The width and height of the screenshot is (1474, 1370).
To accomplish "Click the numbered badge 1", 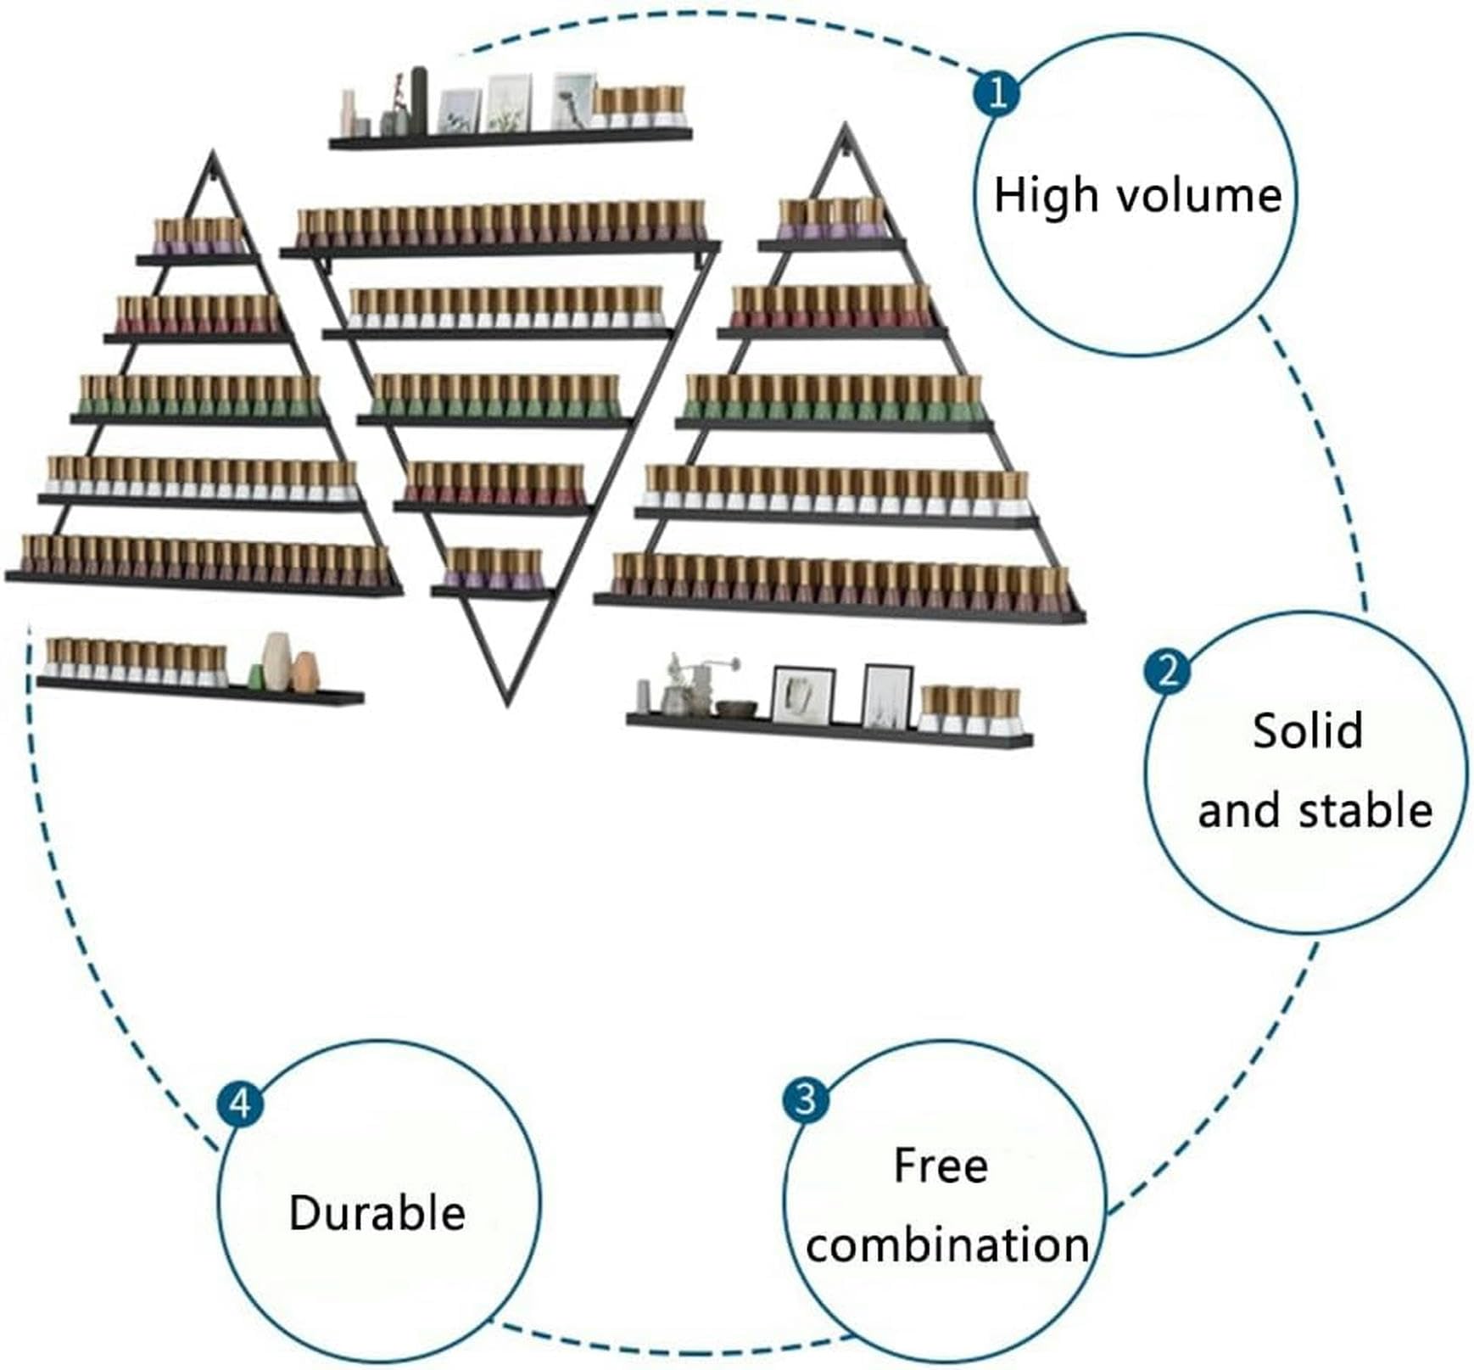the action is tap(997, 92).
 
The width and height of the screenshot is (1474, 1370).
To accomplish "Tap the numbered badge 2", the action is tap(1167, 671).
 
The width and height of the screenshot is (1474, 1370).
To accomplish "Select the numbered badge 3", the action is tap(806, 1099).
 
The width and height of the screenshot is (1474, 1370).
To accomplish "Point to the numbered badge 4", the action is tap(241, 1104).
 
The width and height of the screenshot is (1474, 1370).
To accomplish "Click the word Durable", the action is tap(377, 1212).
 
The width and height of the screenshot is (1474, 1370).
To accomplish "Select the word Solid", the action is tap(1308, 730).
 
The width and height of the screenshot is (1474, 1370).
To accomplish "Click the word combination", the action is tap(947, 1245).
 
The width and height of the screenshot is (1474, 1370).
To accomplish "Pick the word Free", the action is tap(941, 1166).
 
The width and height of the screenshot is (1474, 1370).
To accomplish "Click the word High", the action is tap(1046, 196).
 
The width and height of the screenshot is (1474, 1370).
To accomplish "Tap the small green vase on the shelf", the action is tap(255, 675).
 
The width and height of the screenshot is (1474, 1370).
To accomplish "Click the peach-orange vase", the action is tap(304, 671).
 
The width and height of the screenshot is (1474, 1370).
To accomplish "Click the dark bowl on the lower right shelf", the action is tap(735, 707).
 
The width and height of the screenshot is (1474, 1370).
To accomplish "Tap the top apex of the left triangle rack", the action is tap(213, 153).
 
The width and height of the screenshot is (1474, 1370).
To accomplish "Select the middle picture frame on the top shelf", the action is tap(510, 103).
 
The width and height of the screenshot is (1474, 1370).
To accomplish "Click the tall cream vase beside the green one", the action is tap(276, 659).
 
